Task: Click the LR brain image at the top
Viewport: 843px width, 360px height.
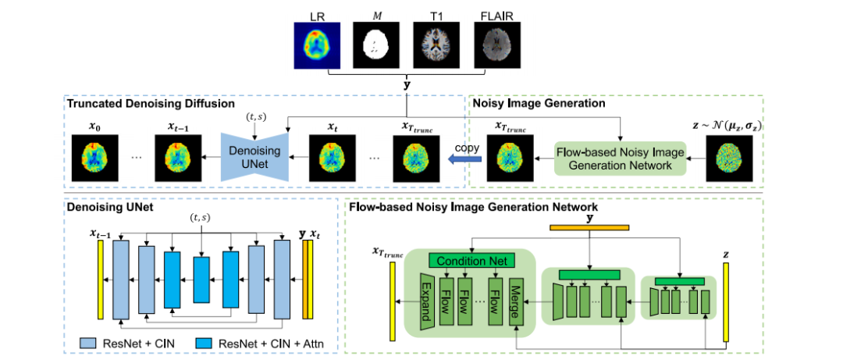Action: [x=317, y=45]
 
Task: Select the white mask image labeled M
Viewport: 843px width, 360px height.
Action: [x=376, y=45]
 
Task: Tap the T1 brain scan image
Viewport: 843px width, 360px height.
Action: [x=436, y=45]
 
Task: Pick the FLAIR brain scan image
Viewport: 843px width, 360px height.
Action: [x=497, y=45]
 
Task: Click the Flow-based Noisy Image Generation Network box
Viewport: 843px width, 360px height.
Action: [x=621, y=159]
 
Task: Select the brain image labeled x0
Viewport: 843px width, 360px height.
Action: [x=94, y=159]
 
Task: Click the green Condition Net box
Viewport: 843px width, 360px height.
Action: [x=471, y=261]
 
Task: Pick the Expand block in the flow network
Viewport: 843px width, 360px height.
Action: [x=426, y=301]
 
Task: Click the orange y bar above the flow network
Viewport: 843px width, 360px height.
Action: [x=589, y=227]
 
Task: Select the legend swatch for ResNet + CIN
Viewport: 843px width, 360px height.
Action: [x=88, y=343]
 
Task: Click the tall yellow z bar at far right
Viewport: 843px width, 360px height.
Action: [x=726, y=302]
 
